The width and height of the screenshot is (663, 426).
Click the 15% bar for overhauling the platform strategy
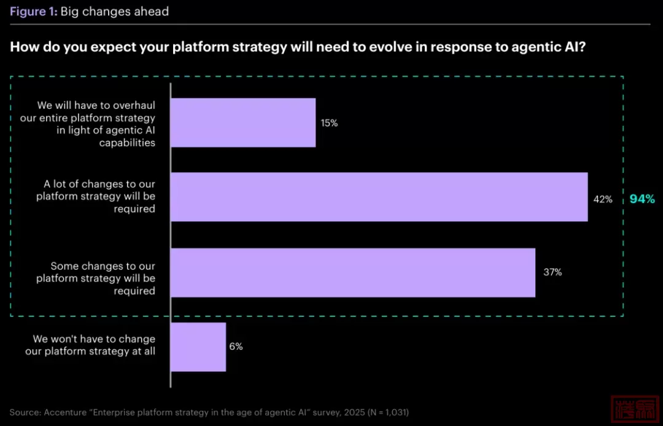pos(242,122)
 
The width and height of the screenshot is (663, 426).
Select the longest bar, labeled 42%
pos(379,197)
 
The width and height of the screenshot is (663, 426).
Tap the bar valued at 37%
pos(352,272)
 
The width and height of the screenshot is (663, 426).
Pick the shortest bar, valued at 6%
pos(198,347)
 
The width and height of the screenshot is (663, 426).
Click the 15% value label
pos(329,123)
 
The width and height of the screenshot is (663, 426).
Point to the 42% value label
pos(603,199)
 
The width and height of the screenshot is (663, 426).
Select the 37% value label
pos(552,272)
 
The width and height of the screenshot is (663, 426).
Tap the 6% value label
pos(236,347)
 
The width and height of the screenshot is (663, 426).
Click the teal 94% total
pos(642,199)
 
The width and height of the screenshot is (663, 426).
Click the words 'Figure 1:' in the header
pos(33,12)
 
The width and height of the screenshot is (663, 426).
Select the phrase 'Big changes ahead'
pos(114,12)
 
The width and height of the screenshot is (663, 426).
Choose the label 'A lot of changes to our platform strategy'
pos(96,197)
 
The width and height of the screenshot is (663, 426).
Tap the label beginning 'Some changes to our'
pos(96,278)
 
